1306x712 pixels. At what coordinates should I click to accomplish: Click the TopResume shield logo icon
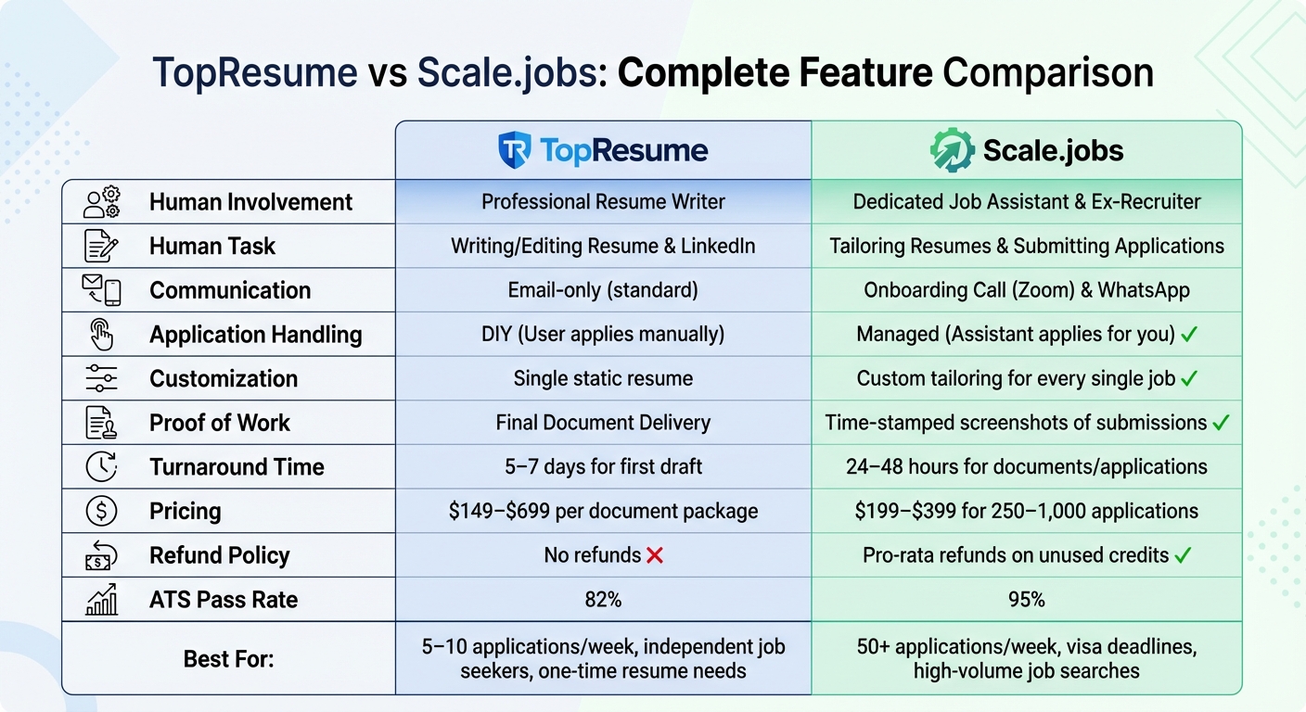514,150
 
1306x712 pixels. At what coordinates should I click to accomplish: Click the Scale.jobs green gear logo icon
952,150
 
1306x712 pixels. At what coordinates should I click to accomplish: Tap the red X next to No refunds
655,555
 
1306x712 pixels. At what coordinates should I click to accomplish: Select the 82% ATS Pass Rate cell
603,600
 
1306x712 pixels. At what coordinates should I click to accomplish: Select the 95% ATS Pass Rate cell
1026,600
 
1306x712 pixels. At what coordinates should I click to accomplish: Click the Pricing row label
186,512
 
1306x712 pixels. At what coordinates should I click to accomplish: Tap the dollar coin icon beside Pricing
101,512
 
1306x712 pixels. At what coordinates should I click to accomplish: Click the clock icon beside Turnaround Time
101,467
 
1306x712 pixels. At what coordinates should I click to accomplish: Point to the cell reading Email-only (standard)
603,290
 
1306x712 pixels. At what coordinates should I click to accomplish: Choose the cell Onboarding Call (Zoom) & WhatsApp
1026,290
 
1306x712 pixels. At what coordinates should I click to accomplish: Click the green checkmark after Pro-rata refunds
1183,555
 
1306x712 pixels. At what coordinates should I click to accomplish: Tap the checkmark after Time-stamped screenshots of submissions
1221,423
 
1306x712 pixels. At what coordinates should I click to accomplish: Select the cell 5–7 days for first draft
603,467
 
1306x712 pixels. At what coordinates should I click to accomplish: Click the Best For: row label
228,658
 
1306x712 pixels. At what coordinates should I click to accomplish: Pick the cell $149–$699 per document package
603,512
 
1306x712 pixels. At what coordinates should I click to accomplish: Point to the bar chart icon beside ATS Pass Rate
101,601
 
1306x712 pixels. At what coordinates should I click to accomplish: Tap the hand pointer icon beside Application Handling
101,335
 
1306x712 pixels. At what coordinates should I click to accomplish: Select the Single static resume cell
603,379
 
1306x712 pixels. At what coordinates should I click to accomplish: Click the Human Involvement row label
250,202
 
